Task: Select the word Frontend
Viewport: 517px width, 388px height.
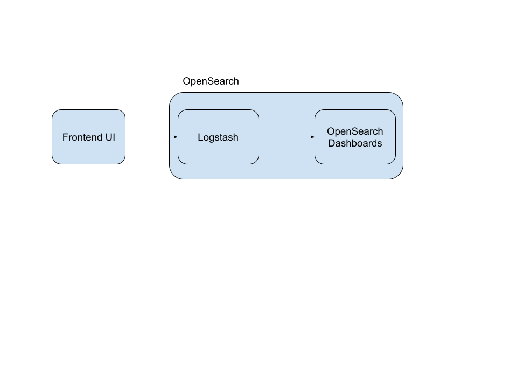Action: tap(82, 137)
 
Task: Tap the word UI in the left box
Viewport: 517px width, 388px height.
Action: tap(110, 137)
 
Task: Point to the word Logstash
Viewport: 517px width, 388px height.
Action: tap(218, 137)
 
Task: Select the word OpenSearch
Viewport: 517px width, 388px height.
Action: tap(355, 131)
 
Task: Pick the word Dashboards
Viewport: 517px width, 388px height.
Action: tap(355, 143)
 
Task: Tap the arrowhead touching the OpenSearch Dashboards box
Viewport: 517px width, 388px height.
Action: tap(312, 137)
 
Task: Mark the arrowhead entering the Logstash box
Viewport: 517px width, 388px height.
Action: tap(176, 137)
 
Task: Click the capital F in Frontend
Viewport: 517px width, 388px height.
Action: tap(65, 137)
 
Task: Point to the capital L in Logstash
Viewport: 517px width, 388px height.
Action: tap(200, 137)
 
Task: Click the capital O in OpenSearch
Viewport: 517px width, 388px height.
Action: tap(331, 131)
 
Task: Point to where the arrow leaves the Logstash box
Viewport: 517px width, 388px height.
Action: tap(259, 137)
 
